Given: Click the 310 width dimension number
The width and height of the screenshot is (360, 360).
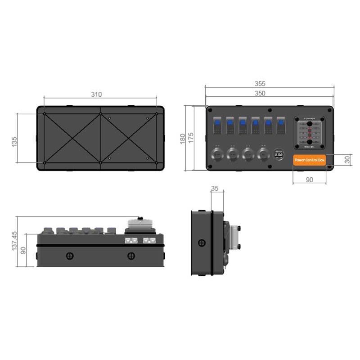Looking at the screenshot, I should pyautogui.click(x=96, y=94).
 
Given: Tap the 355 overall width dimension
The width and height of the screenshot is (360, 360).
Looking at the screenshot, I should pyautogui.click(x=260, y=84).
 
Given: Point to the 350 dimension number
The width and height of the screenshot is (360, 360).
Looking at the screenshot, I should pyautogui.click(x=260, y=93).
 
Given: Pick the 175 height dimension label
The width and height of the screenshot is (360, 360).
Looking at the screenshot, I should pyautogui.click(x=191, y=139).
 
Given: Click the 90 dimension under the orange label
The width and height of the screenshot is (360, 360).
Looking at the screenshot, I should pyautogui.click(x=309, y=180).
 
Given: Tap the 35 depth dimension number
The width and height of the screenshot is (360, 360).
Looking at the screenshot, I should pyautogui.click(x=215, y=189).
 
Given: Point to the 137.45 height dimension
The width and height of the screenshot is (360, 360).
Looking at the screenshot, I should pyautogui.click(x=14, y=241).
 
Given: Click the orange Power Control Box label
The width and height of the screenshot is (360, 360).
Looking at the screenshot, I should pyautogui.click(x=309, y=160).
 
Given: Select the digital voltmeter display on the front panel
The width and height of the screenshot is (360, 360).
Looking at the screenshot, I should pyautogui.click(x=279, y=154).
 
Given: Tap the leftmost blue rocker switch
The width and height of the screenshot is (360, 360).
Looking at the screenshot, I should pyautogui.click(x=217, y=125).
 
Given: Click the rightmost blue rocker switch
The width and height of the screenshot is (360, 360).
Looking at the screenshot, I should pyautogui.click(x=281, y=125).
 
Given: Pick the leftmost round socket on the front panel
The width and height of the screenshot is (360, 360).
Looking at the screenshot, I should pyautogui.click(x=217, y=155).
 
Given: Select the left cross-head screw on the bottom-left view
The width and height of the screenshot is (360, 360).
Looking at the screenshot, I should pyautogui.click(x=69, y=256).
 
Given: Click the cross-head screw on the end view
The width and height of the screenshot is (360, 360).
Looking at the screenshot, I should pyautogui.click(x=200, y=243).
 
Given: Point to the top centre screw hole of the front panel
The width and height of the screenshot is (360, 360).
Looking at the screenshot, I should pyautogui.click(x=269, y=110).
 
